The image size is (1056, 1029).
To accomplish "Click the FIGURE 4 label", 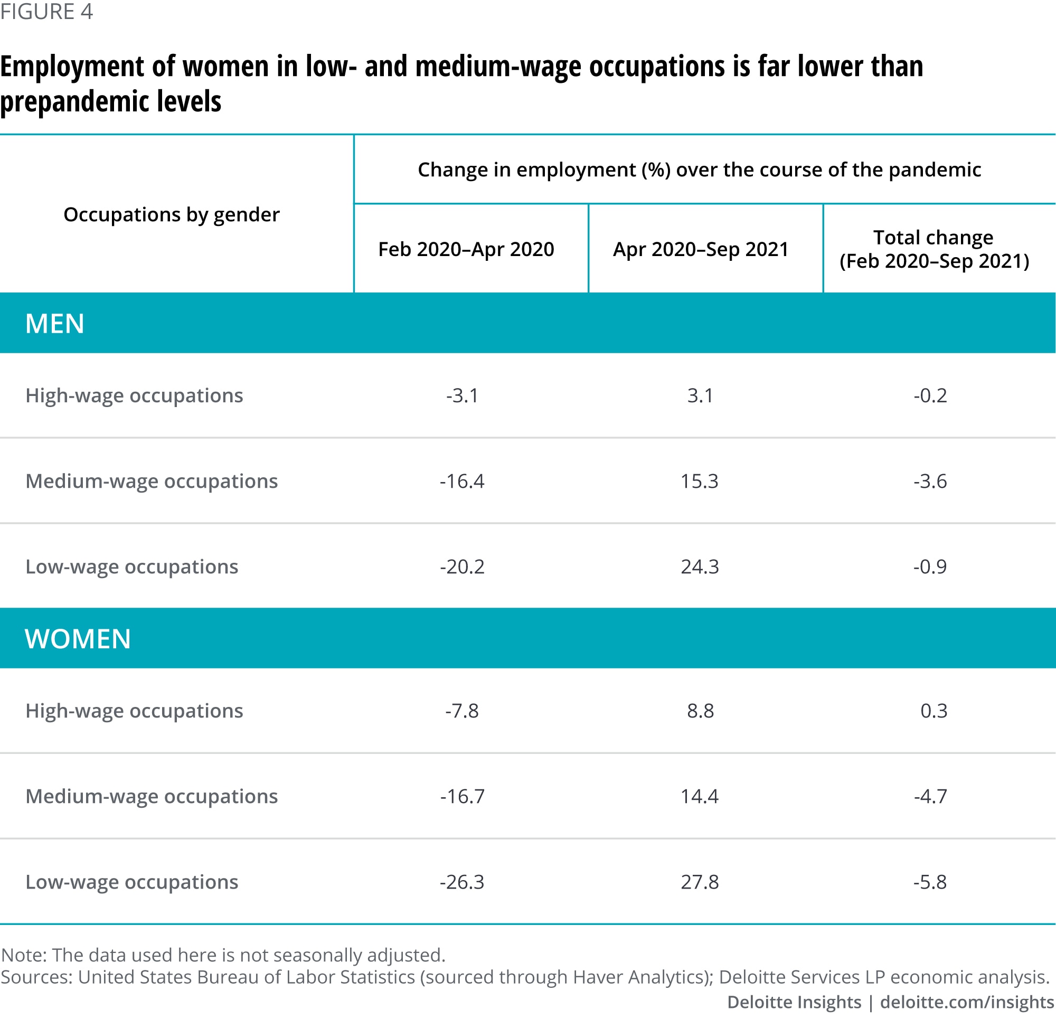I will coord(46,12).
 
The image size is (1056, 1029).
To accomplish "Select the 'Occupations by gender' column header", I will coord(171,214).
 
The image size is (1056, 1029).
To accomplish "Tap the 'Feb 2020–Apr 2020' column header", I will coord(466,249).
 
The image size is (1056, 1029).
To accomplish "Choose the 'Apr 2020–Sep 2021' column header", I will coord(701,249).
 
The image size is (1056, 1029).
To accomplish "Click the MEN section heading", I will coord(54,323).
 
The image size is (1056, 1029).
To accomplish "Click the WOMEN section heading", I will coord(78,638).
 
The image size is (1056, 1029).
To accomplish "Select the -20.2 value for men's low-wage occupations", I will coord(462,567).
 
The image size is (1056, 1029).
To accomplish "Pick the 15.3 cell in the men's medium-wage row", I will coord(699,481).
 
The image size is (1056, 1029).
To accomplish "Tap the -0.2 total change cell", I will coord(930,395).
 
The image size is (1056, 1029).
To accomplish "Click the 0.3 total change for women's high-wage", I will coord(934,711).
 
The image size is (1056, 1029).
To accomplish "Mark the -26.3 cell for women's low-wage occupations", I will coord(462,882).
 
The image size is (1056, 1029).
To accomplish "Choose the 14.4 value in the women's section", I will coord(699,796).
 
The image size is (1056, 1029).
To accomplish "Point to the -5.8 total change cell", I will coord(930,882).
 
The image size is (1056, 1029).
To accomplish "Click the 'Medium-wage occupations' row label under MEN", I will coord(152,481).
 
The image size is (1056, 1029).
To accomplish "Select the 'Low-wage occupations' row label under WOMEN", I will coord(131,882).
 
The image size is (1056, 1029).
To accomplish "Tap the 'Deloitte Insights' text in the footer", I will coord(794,1002).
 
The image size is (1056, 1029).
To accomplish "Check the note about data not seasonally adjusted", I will coord(223,955).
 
